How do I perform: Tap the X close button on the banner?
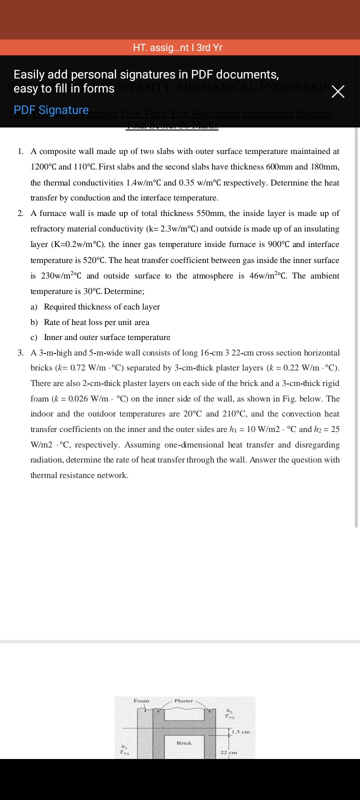click(338, 92)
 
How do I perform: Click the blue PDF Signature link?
click(51, 110)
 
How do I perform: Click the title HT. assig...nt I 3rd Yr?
click(177, 47)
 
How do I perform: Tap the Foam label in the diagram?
click(141, 701)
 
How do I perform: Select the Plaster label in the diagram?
click(183, 701)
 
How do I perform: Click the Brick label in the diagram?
click(184, 743)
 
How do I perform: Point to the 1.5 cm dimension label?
click(241, 732)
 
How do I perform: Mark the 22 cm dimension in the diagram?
click(229, 752)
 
